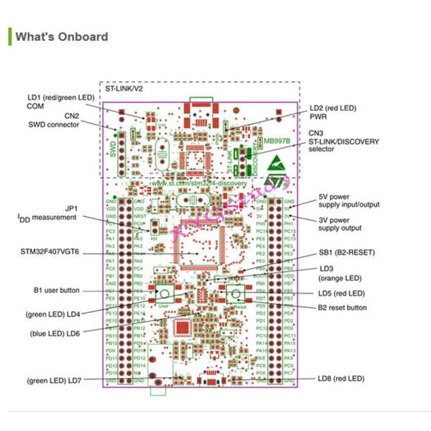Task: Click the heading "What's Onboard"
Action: point(62,37)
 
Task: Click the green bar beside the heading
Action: point(10,37)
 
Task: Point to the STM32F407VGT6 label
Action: point(50,254)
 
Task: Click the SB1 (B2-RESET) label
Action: point(346,253)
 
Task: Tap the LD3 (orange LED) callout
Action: point(340,274)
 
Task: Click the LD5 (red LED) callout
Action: point(340,293)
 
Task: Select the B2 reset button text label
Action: point(342,307)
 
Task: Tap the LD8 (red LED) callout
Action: point(340,379)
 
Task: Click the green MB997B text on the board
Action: point(277,142)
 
